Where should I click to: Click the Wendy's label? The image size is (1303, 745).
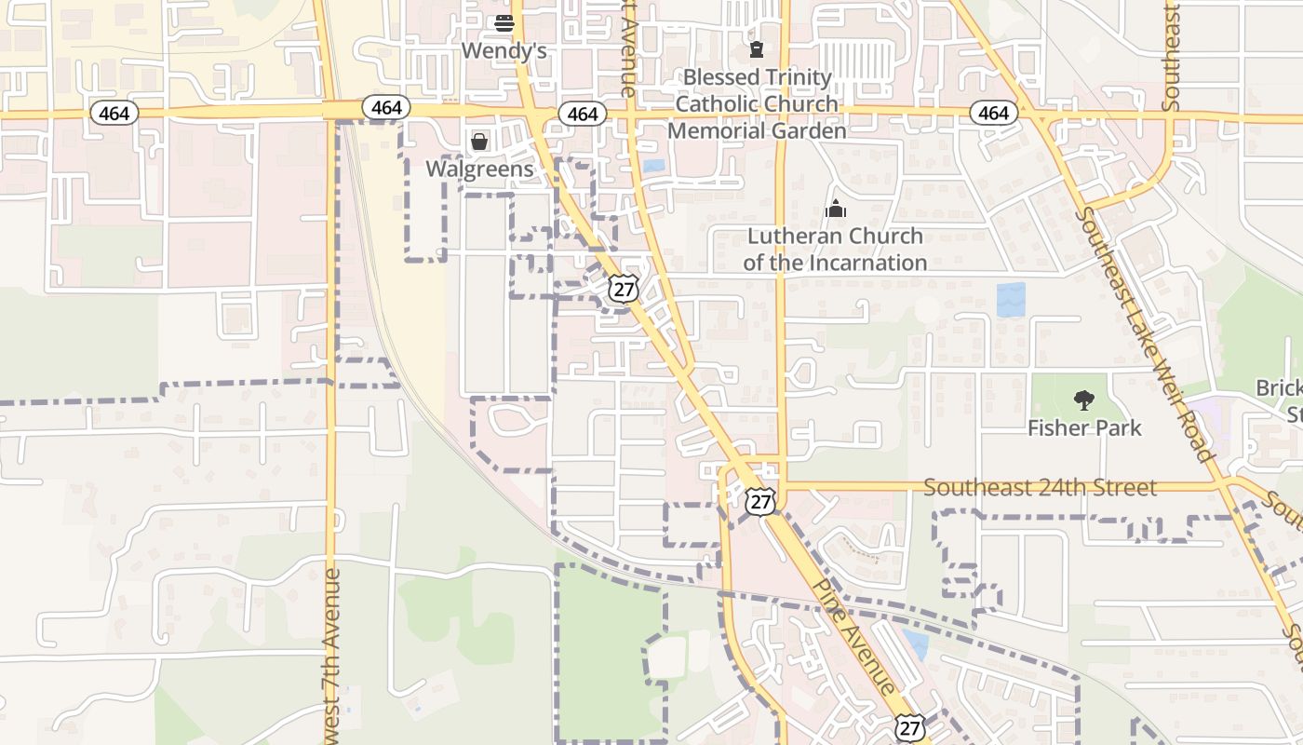[x=504, y=50]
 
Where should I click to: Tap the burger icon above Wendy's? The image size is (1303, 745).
[x=504, y=23]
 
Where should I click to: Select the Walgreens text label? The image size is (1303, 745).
[x=479, y=169]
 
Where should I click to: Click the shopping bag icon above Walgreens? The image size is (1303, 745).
[x=479, y=142]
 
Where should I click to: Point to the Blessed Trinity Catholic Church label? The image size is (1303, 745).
[x=757, y=90]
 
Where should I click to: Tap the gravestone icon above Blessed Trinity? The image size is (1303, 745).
[x=757, y=48]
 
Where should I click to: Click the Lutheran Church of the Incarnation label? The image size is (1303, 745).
[x=835, y=250]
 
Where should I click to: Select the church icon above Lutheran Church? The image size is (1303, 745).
[x=836, y=209]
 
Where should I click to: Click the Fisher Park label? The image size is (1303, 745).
[x=1084, y=428]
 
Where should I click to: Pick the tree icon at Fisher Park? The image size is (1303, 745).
[x=1084, y=401]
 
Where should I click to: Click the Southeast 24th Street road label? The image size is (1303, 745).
[x=1040, y=487]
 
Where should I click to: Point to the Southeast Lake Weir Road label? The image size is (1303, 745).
[x=1147, y=335]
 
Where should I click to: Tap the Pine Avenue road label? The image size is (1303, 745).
[x=854, y=638]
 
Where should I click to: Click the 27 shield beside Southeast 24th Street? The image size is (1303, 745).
[x=760, y=501]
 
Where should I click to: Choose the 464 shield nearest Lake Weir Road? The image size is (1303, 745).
[x=993, y=114]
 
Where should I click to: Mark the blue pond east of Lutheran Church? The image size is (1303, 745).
[x=1011, y=300]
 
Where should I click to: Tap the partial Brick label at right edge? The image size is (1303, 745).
[x=1281, y=388]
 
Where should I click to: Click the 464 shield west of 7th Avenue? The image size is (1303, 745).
[x=114, y=114]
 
